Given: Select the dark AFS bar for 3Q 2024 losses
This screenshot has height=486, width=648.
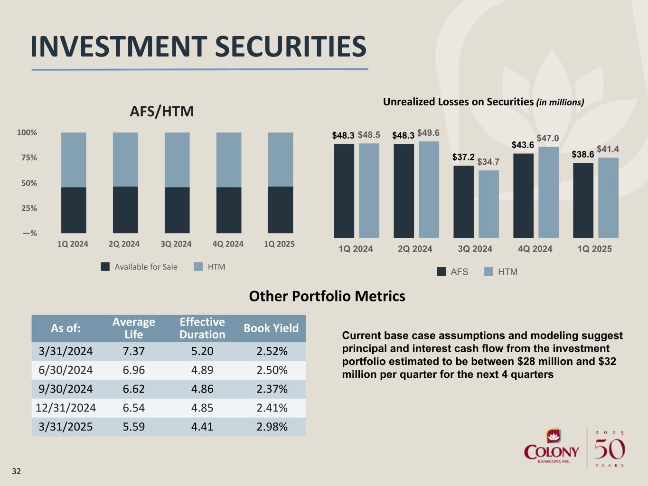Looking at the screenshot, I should [x=463, y=202].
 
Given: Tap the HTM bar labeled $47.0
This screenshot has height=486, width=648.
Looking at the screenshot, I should [x=548, y=192].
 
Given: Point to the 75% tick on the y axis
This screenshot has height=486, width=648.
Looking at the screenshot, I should [x=28, y=158].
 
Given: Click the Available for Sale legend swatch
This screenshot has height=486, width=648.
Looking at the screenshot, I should [x=105, y=267].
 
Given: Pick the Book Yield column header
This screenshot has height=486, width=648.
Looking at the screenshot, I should [x=271, y=328].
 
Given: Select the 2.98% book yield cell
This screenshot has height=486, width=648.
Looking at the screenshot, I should [x=272, y=427].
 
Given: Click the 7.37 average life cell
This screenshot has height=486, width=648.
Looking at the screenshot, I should [x=133, y=351].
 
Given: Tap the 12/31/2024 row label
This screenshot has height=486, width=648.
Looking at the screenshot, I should [x=66, y=408].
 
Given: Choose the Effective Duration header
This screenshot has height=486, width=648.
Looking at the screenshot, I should [x=202, y=328].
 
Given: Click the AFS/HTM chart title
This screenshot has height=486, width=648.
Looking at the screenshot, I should [x=162, y=112].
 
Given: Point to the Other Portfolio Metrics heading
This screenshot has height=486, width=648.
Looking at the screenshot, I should [x=327, y=297].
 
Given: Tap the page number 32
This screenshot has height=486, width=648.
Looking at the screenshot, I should [x=17, y=471].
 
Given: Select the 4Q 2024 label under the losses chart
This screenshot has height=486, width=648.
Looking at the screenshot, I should [x=535, y=249].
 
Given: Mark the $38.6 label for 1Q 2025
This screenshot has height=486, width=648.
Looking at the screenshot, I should [x=583, y=155].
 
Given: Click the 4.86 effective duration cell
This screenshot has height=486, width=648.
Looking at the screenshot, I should [x=202, y=389].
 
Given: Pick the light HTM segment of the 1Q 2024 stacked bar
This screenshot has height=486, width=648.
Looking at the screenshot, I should [x=74, y=159].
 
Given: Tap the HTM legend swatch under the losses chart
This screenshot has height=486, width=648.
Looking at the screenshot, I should [x=489, y=271].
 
